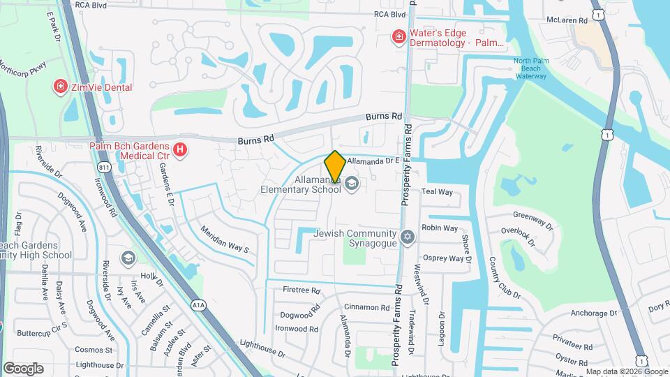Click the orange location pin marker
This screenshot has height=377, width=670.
[335, 166]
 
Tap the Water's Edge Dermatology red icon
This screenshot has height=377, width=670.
[399, 36]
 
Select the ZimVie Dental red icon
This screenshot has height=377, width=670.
[61, 87]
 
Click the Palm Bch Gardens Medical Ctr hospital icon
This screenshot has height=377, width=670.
[180, 149]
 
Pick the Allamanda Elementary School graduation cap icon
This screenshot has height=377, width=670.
[352, 184]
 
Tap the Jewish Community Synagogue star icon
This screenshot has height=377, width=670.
[408, 238]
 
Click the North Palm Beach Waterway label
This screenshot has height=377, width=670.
[531, 68]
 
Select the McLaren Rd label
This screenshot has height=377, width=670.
[567, 20]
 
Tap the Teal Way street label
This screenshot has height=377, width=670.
[437, 192]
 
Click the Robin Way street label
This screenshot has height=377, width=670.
[440, 228]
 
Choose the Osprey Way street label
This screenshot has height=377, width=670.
[442, 258]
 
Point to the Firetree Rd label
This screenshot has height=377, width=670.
[301, 290]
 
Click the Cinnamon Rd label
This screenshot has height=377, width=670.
[366, 307]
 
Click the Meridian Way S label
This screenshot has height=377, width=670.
[224, 239]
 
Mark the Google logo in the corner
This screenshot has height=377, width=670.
[23, 369]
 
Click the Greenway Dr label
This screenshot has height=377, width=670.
[533, 221]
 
